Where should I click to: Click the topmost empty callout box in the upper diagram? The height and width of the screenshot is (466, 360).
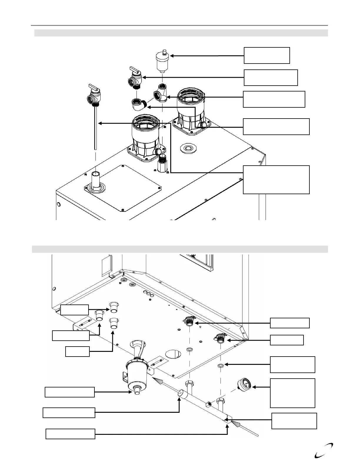coord(267,55)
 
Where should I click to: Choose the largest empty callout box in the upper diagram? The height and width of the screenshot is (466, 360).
coord(276,180)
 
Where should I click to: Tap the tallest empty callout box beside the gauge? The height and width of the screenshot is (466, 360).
coord(293,393)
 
